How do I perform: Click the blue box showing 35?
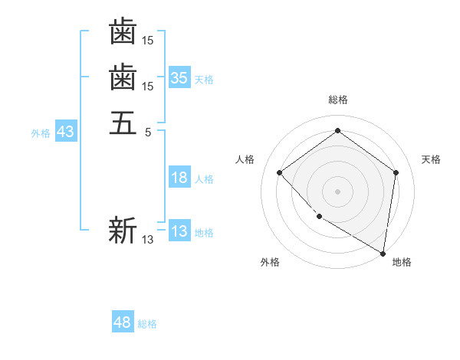point(179,77)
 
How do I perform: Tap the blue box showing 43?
point(65,132)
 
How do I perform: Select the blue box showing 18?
point(179,178)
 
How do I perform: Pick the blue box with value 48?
point(123,322)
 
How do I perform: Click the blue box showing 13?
point(179,231)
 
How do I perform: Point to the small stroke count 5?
point(149,132)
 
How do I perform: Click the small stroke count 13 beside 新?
point(148,240)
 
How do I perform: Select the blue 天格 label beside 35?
point(204,79)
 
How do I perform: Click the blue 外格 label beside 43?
point(41,133)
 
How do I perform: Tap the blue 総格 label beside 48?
point(147,324)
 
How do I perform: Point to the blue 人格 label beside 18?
point(204,179)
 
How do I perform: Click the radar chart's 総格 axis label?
point(338,100)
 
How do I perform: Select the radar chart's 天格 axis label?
point(432,159)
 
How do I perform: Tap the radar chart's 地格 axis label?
point(402,263)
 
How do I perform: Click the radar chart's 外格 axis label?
point(270,263)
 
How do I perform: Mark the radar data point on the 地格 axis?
point(383,252)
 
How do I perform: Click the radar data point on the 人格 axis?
point(280,172)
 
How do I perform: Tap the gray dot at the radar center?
point(338,191)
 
